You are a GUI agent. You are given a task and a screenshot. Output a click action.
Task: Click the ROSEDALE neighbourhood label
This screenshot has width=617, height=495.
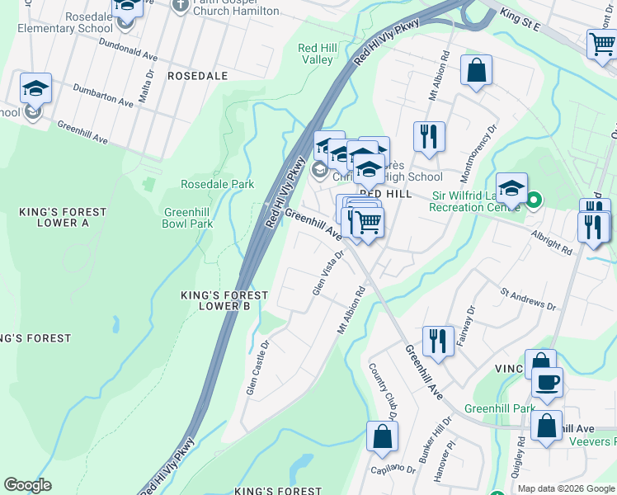(196, 75)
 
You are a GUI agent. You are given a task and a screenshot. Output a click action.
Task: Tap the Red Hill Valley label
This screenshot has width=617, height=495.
(316, 54)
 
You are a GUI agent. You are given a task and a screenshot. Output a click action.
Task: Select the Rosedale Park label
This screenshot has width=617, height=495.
(218, 184)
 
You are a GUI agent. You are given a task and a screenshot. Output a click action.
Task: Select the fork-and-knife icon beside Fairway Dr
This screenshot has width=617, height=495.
(438, 340)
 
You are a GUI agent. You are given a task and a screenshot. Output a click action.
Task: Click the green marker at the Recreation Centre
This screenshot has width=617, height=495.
(535, 199)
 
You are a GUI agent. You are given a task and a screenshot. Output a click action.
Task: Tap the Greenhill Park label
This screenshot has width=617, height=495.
(500, 408)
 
